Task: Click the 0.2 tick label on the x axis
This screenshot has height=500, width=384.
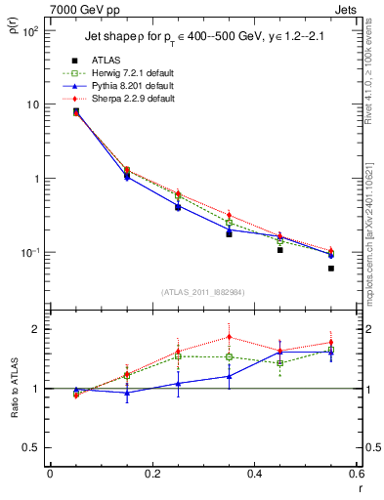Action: (x=151, y=476)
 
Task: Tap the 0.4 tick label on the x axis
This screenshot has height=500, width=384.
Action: (x=254, y=476)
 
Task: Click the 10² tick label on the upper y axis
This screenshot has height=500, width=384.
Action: (x=31, y=31)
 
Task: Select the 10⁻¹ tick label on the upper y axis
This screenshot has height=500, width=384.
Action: (x=31, y=253)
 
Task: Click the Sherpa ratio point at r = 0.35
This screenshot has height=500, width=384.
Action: (x=229, y=337)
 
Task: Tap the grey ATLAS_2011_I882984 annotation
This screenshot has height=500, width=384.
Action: (x=202, y=291)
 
